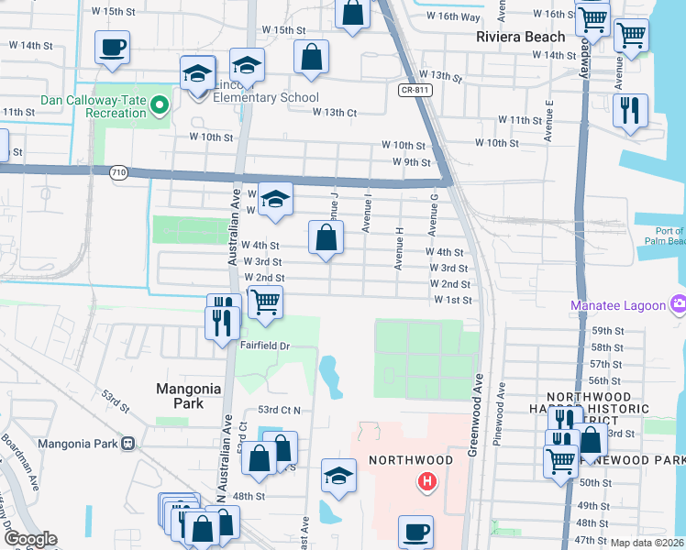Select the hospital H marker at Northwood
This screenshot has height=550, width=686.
(426, 481)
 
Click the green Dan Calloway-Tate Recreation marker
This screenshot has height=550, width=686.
(160, 105)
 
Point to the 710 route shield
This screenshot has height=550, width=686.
(118, 172)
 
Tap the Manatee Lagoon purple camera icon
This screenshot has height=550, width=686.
(679, 304)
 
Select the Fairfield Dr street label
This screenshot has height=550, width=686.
(265, 346)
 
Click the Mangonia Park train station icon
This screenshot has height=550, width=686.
(127, 443)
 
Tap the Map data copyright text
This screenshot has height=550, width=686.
(647, 543)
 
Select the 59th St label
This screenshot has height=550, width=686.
(606, 331)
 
